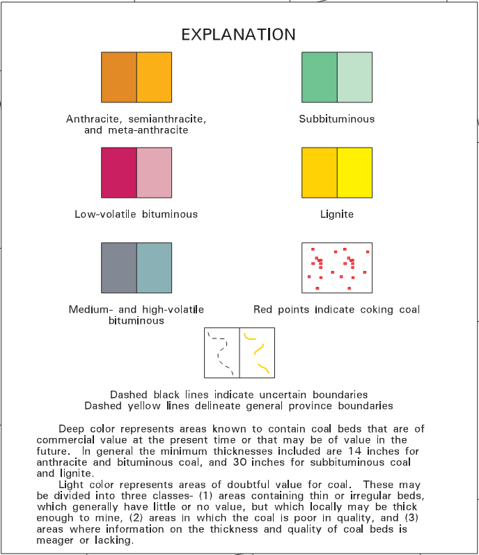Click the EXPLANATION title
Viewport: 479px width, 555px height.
(238, 34)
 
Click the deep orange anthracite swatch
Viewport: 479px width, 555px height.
(119, 77)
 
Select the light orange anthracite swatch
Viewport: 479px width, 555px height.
(154, 77)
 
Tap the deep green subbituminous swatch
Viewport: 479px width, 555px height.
(320, 77)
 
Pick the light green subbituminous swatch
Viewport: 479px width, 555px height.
(354, 77)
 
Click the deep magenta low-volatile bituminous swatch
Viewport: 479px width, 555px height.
(119, 173)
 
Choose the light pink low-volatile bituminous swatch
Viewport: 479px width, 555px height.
(154, 173)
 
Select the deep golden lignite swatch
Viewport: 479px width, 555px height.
(320, 173)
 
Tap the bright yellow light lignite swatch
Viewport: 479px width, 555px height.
(354, 173)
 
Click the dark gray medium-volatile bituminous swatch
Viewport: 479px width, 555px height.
(119, 267)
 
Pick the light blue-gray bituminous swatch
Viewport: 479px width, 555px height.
(154, 267)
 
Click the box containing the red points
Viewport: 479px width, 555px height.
(337, 267)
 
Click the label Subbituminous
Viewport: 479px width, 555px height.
(337, 119)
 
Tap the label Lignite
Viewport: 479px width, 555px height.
(337, 214)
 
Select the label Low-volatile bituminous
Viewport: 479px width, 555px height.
(136, 214)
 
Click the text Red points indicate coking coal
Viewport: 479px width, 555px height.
(337, 309)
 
